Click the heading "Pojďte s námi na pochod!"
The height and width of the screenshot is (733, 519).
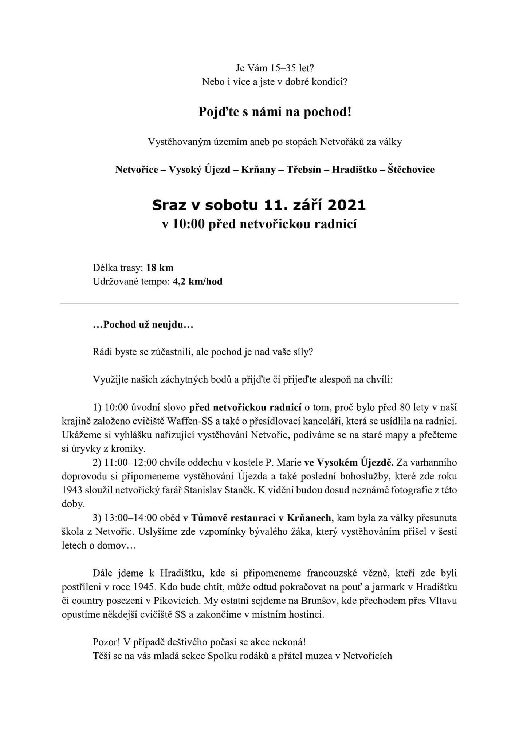click(275, 112)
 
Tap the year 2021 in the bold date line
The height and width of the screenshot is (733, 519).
click(346, 205)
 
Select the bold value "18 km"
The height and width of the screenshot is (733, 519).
click(160, 268)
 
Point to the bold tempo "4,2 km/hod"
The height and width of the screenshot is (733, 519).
click(197, 282)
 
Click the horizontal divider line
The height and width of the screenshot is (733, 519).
click(259, 304)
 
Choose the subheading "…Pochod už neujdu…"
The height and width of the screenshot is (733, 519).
click(143, 325)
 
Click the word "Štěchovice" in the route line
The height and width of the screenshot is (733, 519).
click(411, 170)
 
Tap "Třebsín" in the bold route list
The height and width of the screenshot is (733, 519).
click(303, 170)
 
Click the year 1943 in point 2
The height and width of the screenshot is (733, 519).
click(72, 490)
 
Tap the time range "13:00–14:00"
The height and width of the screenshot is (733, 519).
click(131, 518)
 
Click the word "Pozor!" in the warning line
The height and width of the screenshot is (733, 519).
click(106, 642)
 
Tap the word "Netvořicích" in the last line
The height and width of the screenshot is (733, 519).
click(367, 656)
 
